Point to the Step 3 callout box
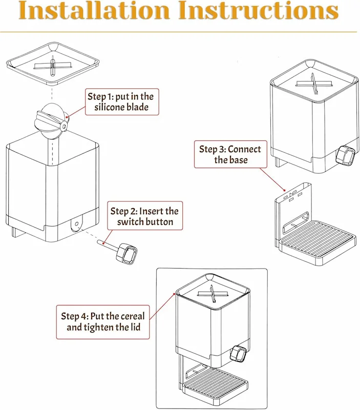[230, 154]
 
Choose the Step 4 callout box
[102, 321]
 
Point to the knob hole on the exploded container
[76, 224]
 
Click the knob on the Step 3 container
[346, 156]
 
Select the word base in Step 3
[238, 160]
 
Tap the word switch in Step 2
[131, 221]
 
